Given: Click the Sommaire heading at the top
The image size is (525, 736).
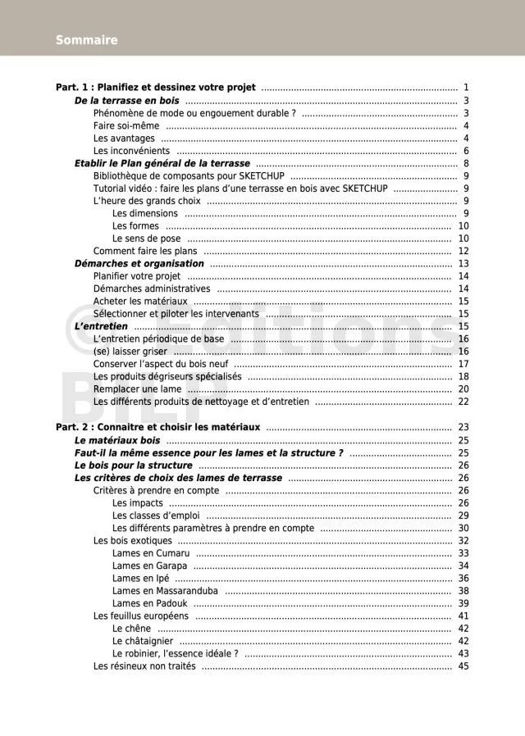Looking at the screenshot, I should (87, 40).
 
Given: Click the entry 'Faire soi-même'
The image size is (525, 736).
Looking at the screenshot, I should (126, 126).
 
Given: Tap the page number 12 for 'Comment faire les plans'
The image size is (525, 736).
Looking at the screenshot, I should (463, 252).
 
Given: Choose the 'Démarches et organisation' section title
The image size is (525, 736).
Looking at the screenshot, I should (139, 264).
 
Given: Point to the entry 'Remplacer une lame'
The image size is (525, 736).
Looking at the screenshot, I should (138, 389).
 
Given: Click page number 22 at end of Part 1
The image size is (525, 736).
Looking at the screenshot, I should (463, 402).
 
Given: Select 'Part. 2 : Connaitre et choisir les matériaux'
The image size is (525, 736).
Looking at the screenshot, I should (157, 428).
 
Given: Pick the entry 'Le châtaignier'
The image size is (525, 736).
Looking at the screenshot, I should (143, 641).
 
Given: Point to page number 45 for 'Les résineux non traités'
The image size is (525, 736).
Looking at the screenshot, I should (463, 666).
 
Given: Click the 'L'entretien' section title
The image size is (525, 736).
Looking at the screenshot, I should (101, 327).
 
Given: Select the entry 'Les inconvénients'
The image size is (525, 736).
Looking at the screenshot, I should (131, 151).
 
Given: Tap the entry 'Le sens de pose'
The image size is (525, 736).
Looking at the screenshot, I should (147, 239).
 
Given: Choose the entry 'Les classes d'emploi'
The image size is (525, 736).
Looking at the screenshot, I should (156, 516).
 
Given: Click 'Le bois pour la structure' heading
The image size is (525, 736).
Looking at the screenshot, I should (134, 466).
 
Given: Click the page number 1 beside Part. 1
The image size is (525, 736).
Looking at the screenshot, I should (465, 88).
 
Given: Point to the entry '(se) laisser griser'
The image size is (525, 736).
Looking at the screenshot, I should (130, 352).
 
